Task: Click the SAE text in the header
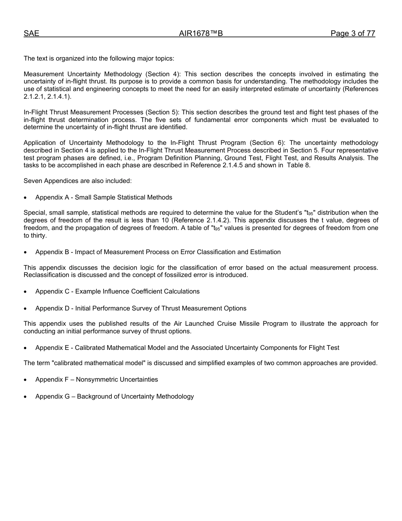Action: pyautogui.click(x=31, y=34)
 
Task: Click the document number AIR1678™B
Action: pyautogui.click(x=201, y=34)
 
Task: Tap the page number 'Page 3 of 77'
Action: pyautogui.click(x=353, y=34)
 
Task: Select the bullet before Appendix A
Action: pyautogui.click(x=26, y=198)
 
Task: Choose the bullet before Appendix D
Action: pyautogui.click(x=26, y=309)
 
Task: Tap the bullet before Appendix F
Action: pyautogui.click(x=26, y=380)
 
